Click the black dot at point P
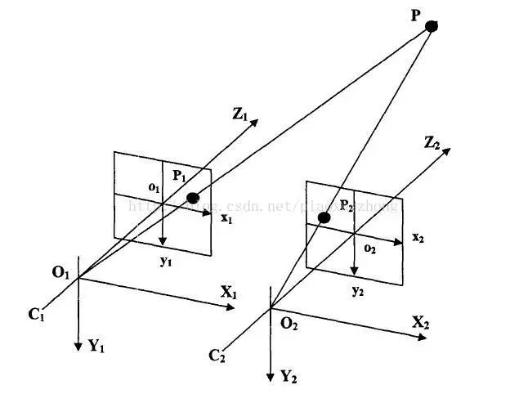432,26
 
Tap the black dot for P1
193,198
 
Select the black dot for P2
324,217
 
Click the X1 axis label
228,293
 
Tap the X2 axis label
421,321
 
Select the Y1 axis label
96,346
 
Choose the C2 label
217,355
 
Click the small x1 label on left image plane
228,219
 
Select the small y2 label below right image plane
357,290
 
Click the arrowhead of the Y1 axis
78,347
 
